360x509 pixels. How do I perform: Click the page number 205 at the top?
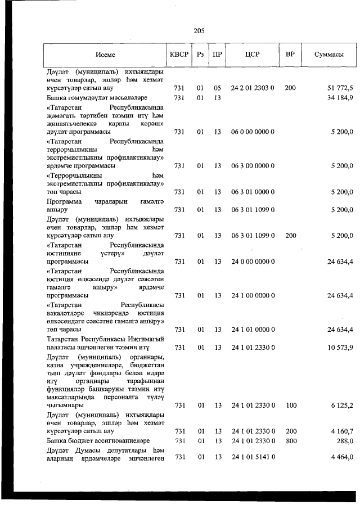(199, 31)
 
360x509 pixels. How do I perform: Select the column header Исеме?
(105, 55)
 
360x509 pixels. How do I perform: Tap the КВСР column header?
(179, 55)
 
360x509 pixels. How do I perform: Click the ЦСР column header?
(252, 55)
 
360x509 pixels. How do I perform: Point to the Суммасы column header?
(329, 55)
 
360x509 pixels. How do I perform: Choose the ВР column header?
(290, 55)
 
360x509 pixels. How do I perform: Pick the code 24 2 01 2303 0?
(252, 88)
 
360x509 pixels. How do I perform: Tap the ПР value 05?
(217, 88)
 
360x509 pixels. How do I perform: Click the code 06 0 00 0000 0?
(252, 132)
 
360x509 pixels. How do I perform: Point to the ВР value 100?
(290, 405)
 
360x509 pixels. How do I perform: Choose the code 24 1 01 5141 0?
(252, 457)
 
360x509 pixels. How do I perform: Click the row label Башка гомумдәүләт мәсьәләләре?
(97, 98)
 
